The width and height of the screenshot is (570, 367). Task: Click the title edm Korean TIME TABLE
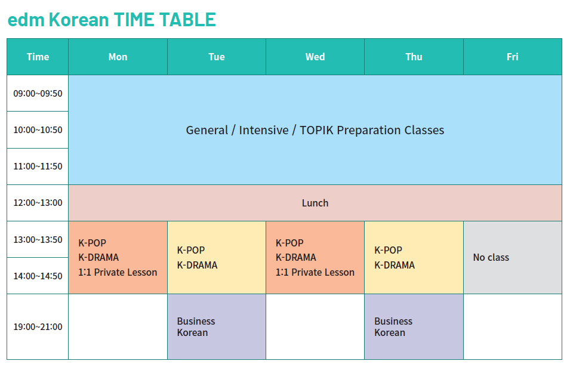coord(112,20)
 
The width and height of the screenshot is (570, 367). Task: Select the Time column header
coord(38,57)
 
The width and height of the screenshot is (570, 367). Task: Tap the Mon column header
coord(118,57)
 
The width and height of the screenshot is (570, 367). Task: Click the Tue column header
coord(217,57)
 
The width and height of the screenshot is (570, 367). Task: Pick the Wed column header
coord(315,57)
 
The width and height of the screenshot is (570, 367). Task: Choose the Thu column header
coord(414,57)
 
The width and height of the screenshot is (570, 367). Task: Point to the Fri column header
coord(512,57)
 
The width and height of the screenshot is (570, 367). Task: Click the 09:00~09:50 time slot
coord(38,93)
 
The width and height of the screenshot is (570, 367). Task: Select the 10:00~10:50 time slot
coord(38,129)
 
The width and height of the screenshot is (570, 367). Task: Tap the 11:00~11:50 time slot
coord(38,166)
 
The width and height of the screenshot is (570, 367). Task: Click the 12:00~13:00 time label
coord(38,202)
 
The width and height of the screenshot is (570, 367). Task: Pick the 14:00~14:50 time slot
coord(38,276)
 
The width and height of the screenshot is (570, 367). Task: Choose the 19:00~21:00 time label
coord(38,326)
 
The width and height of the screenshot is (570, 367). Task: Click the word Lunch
coord(315,203)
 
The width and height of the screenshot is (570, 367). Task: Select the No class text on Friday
coord(491,257)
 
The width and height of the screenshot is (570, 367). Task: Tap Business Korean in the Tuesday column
coord(196,326)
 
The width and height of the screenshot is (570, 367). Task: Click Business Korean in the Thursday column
coord(393,326)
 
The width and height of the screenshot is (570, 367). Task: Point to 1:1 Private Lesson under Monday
coord(118,272)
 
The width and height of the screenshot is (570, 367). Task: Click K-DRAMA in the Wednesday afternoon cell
coord(295,257)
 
